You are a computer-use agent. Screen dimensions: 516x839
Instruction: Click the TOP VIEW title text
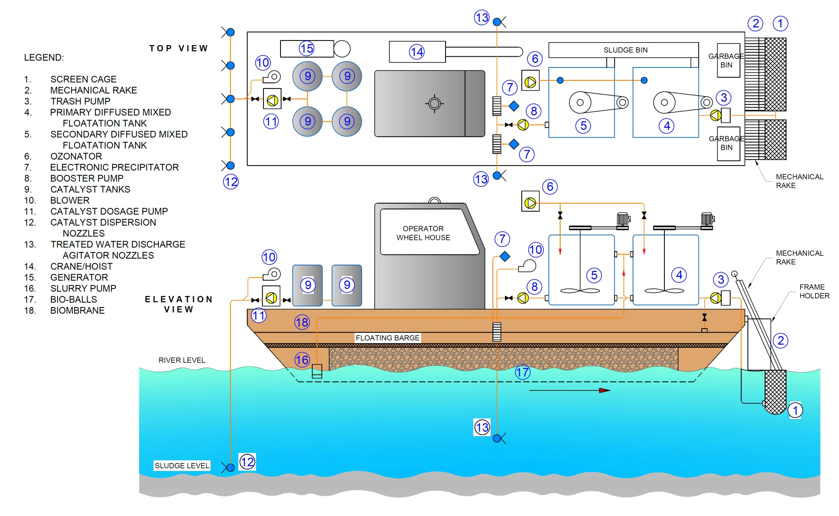click(179, 48)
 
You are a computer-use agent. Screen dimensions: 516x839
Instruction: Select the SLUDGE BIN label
click(625, 50)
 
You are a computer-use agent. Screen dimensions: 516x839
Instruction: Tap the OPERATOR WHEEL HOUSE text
click(423, 233)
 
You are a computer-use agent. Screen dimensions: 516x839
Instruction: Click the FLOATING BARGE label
click(387, 338)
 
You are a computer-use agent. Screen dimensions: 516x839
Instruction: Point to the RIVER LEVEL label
click(182, 360)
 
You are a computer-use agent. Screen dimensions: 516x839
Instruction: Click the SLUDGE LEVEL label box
click(182, 466)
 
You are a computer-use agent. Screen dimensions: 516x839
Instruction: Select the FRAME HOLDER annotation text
click(814, 291)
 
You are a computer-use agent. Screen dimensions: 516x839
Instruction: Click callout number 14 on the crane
click(417, 52)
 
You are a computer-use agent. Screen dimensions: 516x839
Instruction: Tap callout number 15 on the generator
click(307, 48)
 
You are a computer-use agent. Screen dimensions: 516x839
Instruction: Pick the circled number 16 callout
click(302, 360)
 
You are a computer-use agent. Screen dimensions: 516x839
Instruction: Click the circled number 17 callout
click(523, 372)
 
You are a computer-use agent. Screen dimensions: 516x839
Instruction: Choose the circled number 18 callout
click(302, 322)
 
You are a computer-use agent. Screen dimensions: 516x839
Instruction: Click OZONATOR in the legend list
click(76, 156)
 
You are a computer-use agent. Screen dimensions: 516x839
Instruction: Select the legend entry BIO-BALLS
click(74, 300)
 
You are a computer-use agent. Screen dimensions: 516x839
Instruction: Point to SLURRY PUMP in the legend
click(83, 288)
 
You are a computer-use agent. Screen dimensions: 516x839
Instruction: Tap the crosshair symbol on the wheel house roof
click(434, 103)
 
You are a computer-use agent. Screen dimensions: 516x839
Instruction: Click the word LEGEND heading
click(44, 58)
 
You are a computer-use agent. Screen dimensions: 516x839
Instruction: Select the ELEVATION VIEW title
click(179, 304)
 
